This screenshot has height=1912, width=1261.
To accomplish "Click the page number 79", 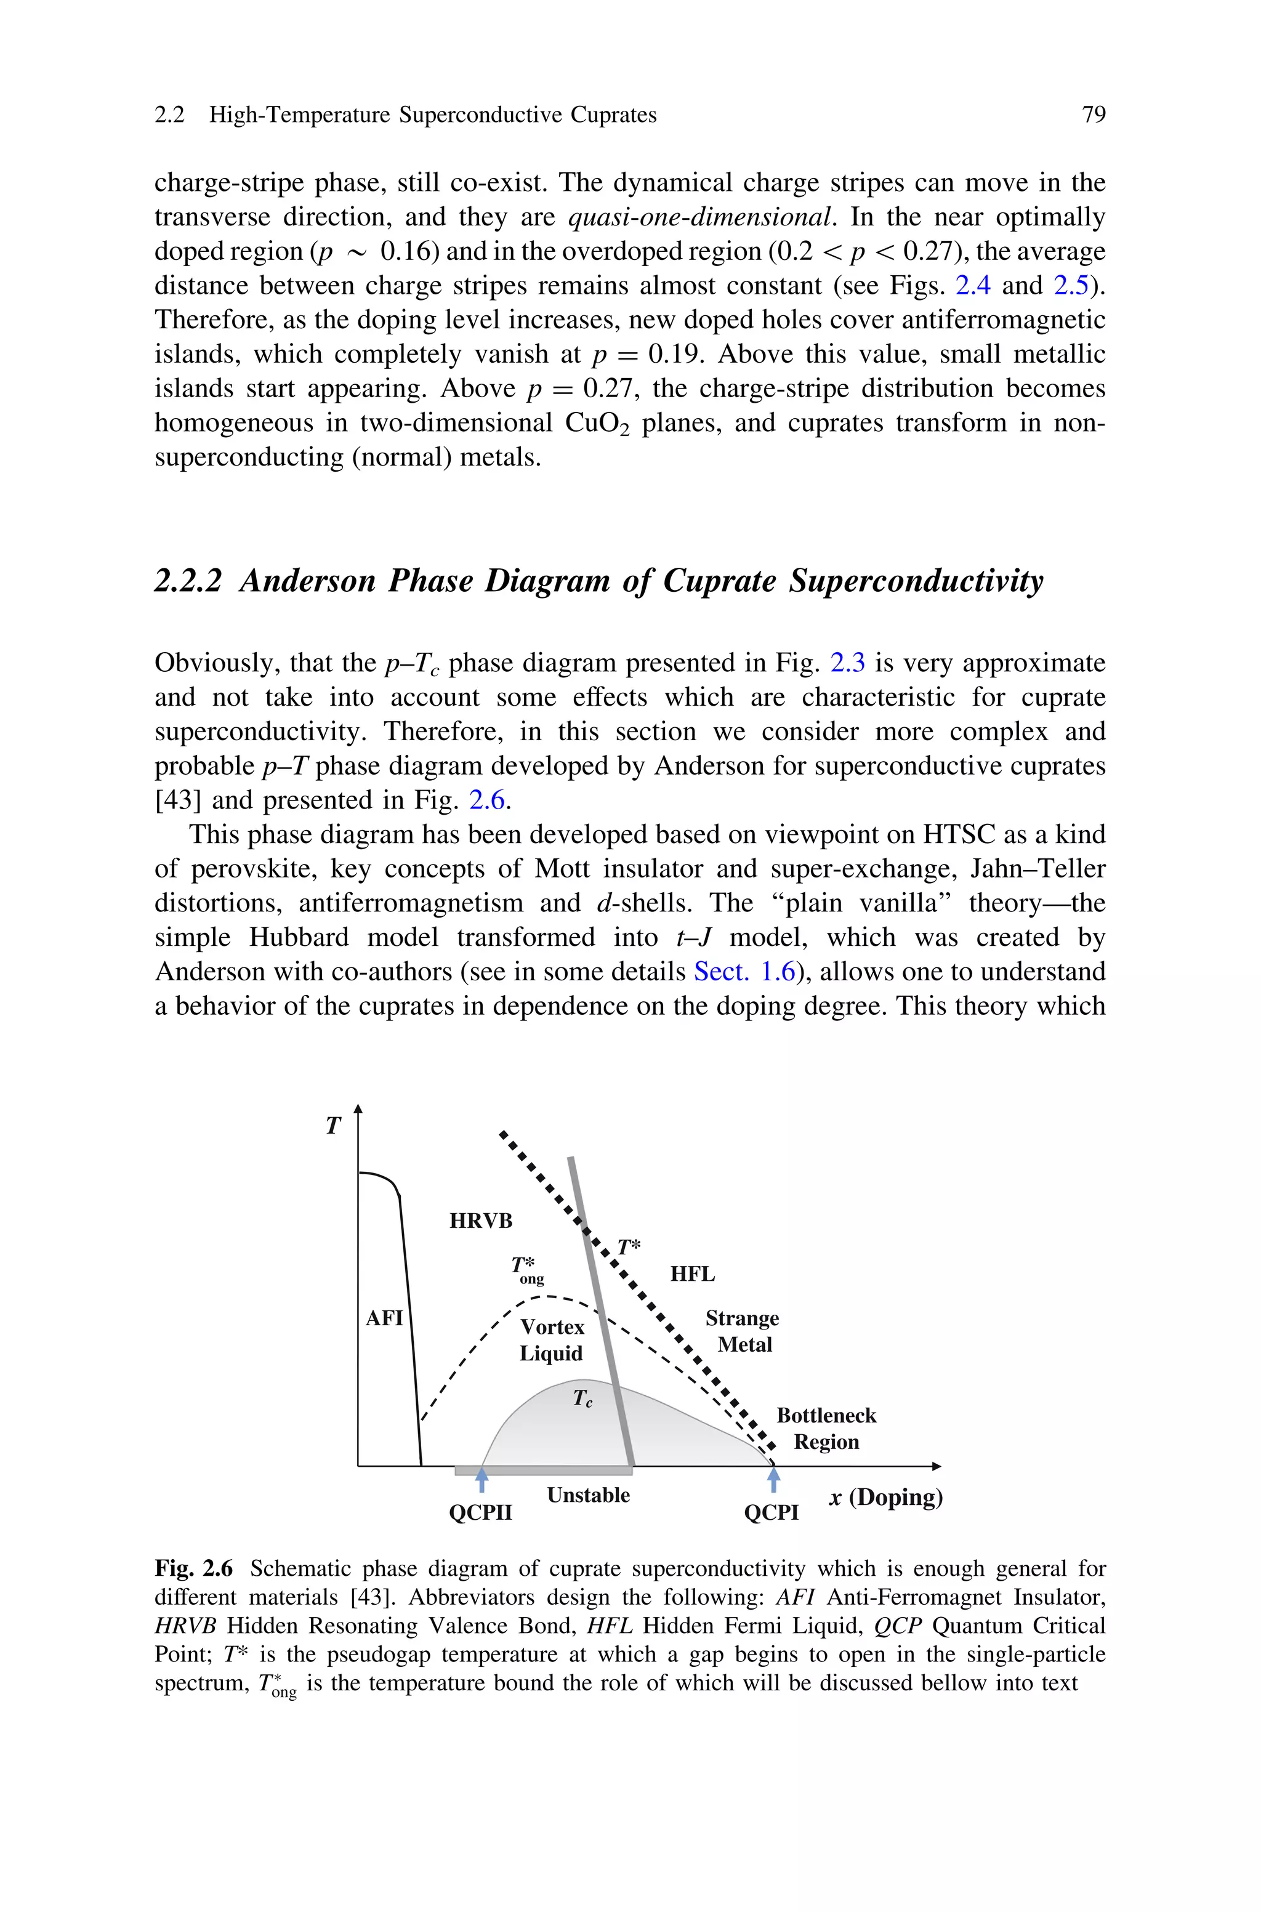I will (x=1094, y=115).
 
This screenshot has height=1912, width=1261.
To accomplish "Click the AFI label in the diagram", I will (x=384, y=1318).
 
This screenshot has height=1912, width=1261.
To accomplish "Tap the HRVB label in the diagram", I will (x=480, y=1220).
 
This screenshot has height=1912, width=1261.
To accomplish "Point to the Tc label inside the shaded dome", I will (x=582, y=1398).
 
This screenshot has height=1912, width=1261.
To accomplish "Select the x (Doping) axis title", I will (x=885, y=1497).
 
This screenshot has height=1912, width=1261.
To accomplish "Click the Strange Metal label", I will (x=743, y=1331).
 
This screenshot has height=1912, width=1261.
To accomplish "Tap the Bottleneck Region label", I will (x=826, y=1429).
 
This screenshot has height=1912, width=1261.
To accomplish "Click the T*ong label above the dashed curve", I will (x=527, y=1270).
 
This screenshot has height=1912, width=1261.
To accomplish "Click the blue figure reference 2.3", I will (x=847, y=663).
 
